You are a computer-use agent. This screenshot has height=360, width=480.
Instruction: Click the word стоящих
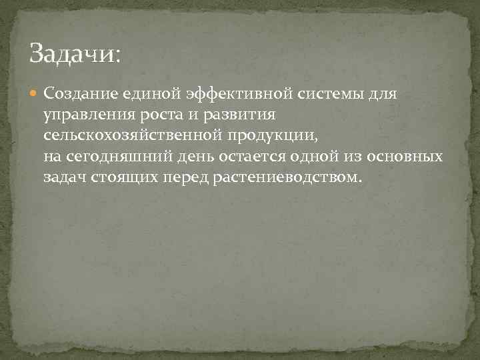pyautogui.click(x=120, y=179)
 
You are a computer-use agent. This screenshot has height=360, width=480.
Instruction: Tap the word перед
pyautogui.click(x=185, y=179)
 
